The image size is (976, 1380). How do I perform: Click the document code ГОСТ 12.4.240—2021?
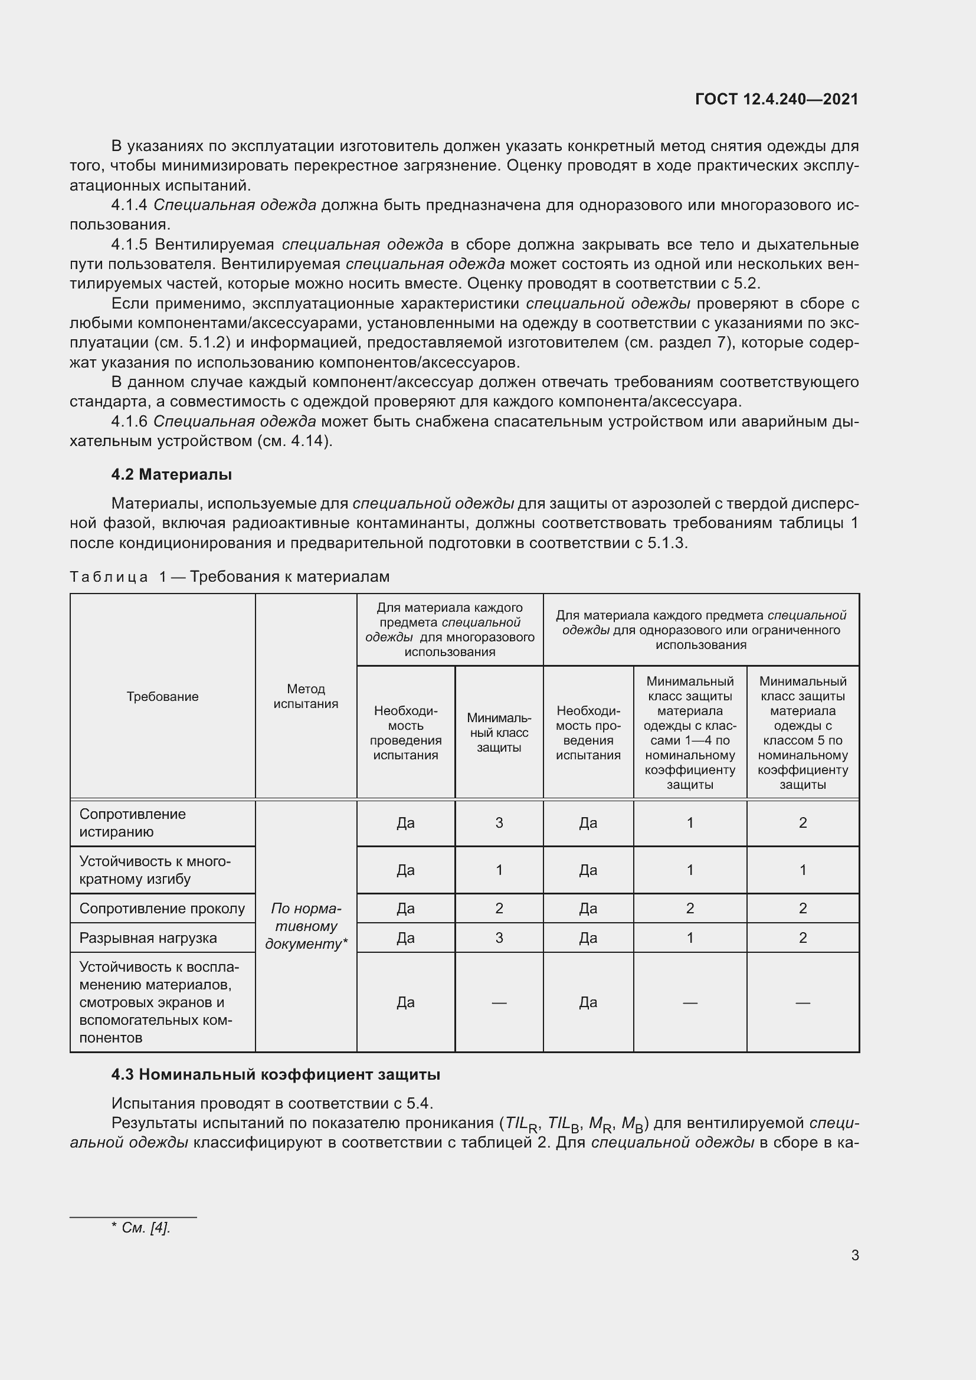[776, 99]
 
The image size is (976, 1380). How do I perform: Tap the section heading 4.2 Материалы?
[171, 474]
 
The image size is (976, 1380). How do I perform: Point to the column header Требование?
[162, 696]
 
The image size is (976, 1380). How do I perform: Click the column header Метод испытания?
[306, 696]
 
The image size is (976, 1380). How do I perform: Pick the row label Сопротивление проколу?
[162, 908]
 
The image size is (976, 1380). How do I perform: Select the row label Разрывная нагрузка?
[148, 938]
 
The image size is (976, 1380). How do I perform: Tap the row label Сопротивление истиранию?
[132, 823]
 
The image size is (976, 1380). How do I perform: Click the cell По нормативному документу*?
[306, 926]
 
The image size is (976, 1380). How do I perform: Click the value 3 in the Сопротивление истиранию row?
[499, 823]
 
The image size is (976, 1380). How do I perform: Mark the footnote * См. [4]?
[141, 1228]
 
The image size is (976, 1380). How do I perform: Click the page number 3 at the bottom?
[854, 1255]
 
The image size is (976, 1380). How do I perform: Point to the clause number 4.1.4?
[129, 205]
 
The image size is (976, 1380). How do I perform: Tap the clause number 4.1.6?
[129, 422]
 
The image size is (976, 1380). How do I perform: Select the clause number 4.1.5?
[129, 245]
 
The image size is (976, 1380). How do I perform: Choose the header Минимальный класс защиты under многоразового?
[499, 733]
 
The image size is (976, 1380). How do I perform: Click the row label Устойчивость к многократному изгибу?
[155, 870]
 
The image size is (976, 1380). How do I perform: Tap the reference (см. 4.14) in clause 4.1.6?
[294, 441]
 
